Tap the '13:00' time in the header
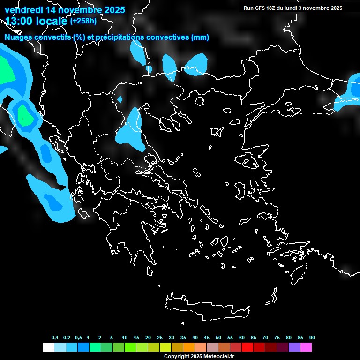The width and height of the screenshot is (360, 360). (18, 20)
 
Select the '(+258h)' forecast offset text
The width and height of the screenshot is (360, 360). (83, 21)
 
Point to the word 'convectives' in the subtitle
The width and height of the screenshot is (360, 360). (168, 37)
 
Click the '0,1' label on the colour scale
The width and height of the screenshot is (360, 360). (55, 338)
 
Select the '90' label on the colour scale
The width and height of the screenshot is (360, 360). (312, 338)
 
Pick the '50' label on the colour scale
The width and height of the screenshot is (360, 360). (218, 338)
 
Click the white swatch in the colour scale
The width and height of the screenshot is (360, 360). (48, 347)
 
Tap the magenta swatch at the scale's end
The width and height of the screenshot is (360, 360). (306, 347)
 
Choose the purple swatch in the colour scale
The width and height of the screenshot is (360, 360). (294, 347)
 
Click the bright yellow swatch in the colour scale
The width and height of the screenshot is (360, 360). (165, 347)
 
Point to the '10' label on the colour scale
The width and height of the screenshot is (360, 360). (125, 338)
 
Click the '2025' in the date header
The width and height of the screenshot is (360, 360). (114, 10)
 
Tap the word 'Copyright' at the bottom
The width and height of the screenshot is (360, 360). (176, 356)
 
